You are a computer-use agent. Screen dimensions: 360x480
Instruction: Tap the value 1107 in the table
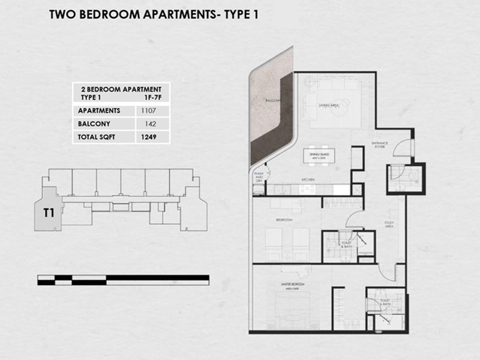148,110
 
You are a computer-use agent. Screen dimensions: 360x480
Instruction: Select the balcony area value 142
148,124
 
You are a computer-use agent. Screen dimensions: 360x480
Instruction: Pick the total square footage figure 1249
148,137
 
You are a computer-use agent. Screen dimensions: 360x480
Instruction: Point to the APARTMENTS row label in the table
99,110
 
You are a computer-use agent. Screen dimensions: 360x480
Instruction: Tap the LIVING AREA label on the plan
329,105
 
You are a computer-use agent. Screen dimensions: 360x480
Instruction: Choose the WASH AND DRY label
259,178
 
